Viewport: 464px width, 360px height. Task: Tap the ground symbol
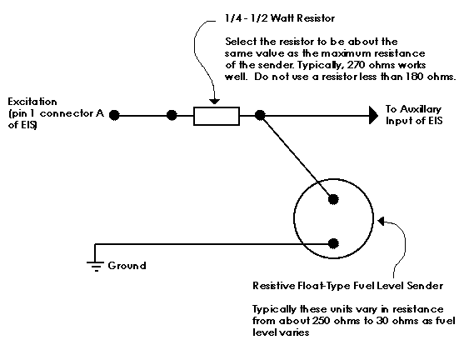pos(95,266)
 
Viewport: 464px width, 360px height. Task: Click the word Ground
pos(127,266)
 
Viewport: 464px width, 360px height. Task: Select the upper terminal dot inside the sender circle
pos(333,199)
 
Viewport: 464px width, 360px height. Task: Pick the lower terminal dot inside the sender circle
pos(333,243)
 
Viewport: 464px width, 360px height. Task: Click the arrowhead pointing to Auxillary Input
pos(373,115)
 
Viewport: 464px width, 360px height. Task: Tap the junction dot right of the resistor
pos(260,115)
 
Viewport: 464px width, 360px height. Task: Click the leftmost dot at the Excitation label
pos(114,115)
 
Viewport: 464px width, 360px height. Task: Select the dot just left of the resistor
pos(172,115)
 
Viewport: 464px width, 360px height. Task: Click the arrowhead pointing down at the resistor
pos(215,102)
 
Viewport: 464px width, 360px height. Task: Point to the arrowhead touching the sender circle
pos(382,221)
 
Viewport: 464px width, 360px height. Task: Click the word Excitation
pos(32,102)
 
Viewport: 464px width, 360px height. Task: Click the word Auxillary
pos(420,109)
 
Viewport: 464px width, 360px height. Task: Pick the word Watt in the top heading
pos(282,18)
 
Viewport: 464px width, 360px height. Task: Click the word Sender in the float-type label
pos(425,286)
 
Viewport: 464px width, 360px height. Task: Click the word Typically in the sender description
pos(274,310)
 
